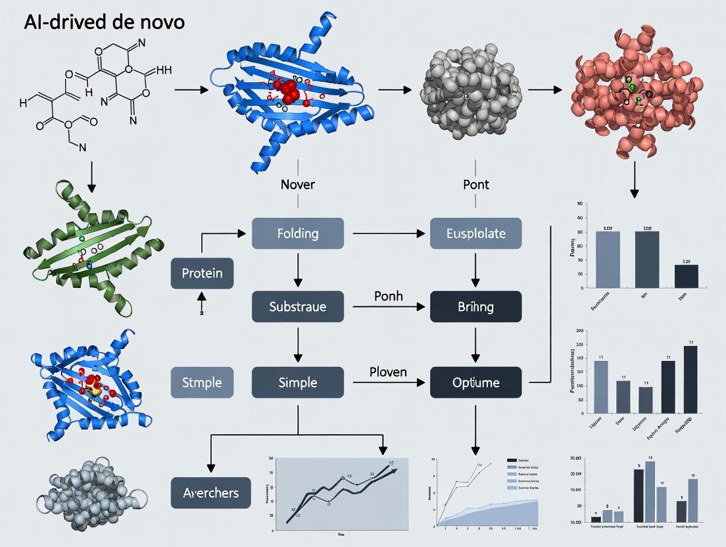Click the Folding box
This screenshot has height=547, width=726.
[x=298, y=233]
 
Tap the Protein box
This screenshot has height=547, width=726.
[x=202, y=273]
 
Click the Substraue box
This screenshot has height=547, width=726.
[x=298, y=306]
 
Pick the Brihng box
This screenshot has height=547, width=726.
[x=475, y=306]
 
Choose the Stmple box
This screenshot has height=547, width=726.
[x=202, y=382]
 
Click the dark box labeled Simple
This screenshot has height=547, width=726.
[x=298, y=382]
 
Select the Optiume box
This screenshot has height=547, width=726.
[x=475, y=382]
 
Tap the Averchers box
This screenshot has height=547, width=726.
[x=210, y=492]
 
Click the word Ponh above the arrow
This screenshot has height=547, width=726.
[x=387, y=296]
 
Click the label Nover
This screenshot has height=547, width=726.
[x=297, y=185]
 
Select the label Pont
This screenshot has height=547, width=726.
[x=475, y=185]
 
